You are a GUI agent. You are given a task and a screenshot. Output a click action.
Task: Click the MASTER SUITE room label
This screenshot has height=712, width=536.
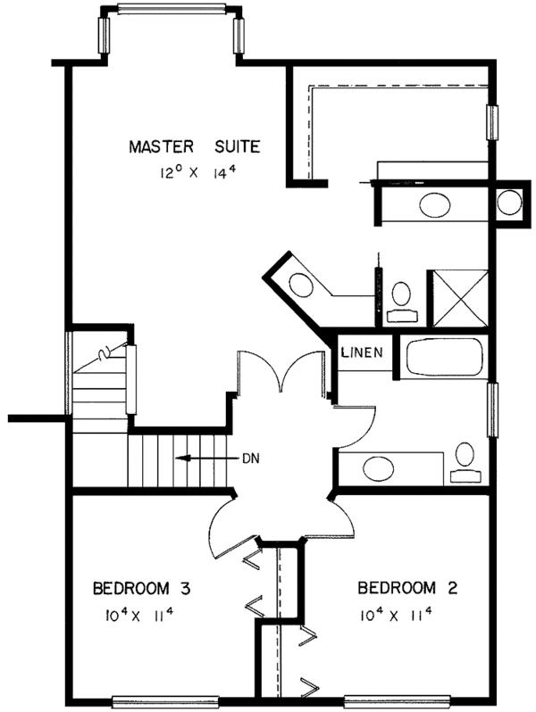click(x=195, y=147)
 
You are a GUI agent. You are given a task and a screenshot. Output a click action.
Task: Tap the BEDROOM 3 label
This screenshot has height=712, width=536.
click(x=141, y=589)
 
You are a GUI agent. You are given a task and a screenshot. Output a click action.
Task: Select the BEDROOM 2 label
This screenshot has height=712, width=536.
click(x=407, y=588)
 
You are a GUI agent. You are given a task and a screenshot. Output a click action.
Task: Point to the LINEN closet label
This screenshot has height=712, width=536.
click(x=363, y=352)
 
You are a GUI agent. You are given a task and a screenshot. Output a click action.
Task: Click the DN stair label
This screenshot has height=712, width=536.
click(x=250, y=459)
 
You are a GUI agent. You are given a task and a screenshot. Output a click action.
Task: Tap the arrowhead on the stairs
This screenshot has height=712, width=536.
click(x=182, y=459)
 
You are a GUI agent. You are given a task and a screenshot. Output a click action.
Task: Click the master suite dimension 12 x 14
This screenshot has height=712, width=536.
click(x=198, y=172)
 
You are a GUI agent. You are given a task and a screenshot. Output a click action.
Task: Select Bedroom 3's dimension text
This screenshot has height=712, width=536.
click(x=139, y=616)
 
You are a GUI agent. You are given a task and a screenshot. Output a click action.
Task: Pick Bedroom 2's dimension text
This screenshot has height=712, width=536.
click(x=395, y=616)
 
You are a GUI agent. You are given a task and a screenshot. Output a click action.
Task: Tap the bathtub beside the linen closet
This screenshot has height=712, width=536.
click(x=444, y=357)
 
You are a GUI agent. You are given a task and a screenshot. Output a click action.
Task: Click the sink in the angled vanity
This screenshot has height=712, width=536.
click(x=301, y=286)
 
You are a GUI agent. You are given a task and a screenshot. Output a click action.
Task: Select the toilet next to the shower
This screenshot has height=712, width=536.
click(x=401, y=302)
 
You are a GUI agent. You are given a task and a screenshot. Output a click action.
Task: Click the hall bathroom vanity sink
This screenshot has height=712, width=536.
click(x=379, y=468)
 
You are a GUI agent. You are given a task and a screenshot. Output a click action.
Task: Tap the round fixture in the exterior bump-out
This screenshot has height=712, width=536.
click(x=509, y=203)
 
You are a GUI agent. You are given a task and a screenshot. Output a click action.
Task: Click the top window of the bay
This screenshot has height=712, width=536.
click(x=172, y=9)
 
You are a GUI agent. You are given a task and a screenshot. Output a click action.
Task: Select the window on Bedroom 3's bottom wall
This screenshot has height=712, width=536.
click(x=165, y=702)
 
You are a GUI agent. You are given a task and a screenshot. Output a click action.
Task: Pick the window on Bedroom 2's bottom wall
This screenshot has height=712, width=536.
click(x=397, y=702)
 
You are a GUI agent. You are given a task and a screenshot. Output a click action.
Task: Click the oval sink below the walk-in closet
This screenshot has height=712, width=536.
click(x=435, y=205)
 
